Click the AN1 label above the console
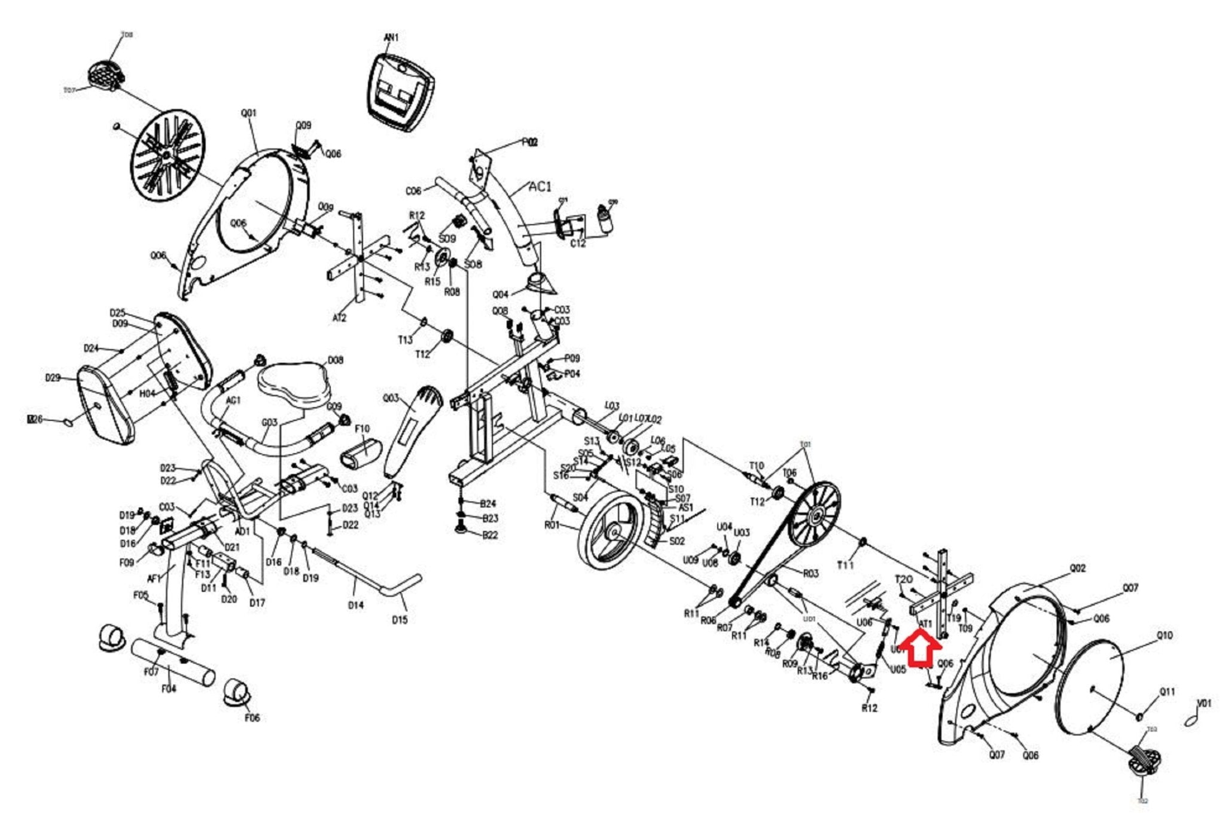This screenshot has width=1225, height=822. [x=391, y=38]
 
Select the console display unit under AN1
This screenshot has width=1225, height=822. [x=400, y=90]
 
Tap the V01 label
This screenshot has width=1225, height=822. [x=1203, y=704]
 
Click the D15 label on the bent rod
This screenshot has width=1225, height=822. [x=400, y=620]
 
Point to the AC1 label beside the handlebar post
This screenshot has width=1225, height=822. [x=540, y=187]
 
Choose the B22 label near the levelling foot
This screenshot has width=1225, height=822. [x=490, y=535]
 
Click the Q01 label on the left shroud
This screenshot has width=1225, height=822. [x=248, y=113]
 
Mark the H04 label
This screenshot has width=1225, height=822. [x=147, y=393]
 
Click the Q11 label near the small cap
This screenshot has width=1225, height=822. [x=1167, y=692]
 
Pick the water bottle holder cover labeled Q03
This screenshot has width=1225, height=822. [x=413, y=430]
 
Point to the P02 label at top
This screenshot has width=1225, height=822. [x=530, y=142]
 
